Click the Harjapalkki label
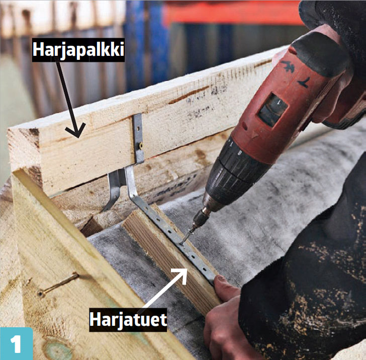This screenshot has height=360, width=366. [78, 50]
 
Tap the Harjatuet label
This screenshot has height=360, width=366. [128, 320]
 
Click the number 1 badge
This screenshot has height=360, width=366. [16, 343]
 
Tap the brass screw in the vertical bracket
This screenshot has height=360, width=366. [141, 146]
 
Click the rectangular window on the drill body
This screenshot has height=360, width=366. [272, 110]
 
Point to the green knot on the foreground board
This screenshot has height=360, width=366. [56, 348]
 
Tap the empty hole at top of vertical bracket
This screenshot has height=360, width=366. [138, 128]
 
